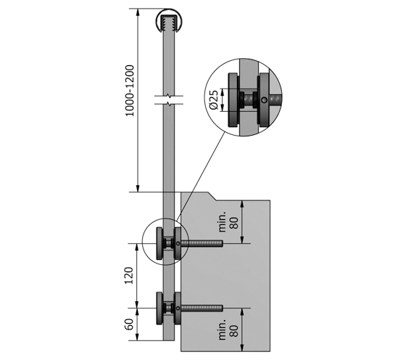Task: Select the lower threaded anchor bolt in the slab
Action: click(x=205, y=309)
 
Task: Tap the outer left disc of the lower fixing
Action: click(x=159, y=309)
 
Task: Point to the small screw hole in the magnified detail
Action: click(x=266, y=99)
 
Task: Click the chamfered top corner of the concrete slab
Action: click(x=216, y=195)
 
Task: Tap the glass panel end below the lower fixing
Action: click(x=169, y=341)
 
